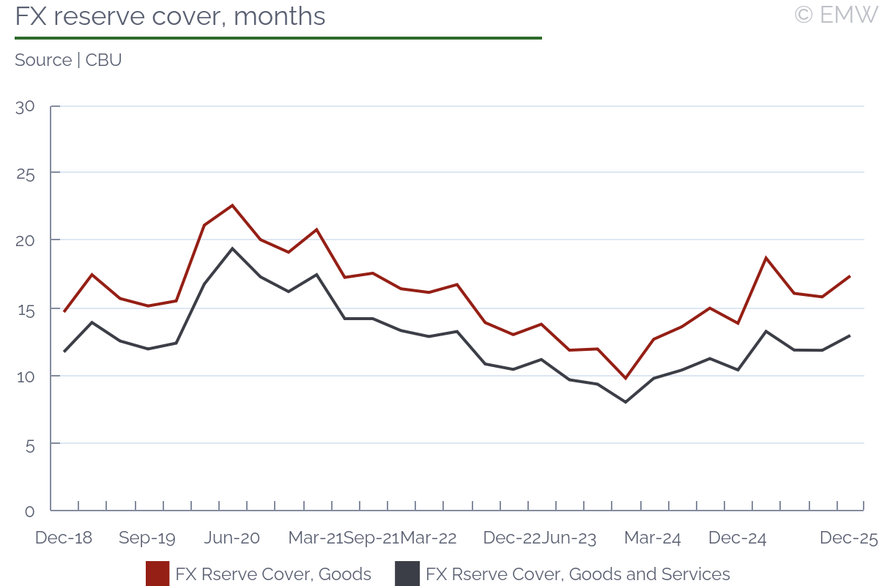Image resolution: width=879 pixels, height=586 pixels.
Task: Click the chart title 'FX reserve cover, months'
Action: tap(170, 16)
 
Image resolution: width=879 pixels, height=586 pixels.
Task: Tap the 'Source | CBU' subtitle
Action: tap(68, 60)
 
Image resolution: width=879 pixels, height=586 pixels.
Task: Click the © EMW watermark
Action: tap(835, 15)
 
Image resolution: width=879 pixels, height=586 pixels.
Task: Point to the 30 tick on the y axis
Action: tap(25, 106)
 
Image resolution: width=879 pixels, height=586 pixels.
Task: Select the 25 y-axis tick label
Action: tap(25, 174)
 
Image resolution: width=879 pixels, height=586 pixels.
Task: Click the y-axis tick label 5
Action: tap(29, 444)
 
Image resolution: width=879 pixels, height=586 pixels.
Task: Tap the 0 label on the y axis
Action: tap(29, 511)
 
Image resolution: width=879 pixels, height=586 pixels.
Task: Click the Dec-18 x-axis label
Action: tap(64, 538)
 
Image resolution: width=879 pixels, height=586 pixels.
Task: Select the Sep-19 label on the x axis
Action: tap(147, 538)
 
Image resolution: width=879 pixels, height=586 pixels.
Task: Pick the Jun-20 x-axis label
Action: tap(231, 538)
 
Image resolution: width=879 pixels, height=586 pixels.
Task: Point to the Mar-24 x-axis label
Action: tap(652, 538)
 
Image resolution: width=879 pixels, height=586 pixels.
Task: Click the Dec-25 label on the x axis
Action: tap(848, 538)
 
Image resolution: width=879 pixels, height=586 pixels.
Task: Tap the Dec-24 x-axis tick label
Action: tap(737, 538)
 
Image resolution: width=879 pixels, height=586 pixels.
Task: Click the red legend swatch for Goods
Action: tap(157, 574)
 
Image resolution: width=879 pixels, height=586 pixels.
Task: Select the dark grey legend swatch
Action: tap(407, 574)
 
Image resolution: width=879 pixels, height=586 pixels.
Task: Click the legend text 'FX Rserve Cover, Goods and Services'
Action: tap(578, 574)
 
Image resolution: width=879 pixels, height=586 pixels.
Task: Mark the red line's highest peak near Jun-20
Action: tap(232, 205)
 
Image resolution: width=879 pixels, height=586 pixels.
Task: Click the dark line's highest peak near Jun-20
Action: tap(232, 248)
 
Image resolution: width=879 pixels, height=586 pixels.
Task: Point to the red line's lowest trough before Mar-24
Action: tap(625, 378)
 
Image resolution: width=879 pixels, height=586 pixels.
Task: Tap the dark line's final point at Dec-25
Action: tap(849, 335)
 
